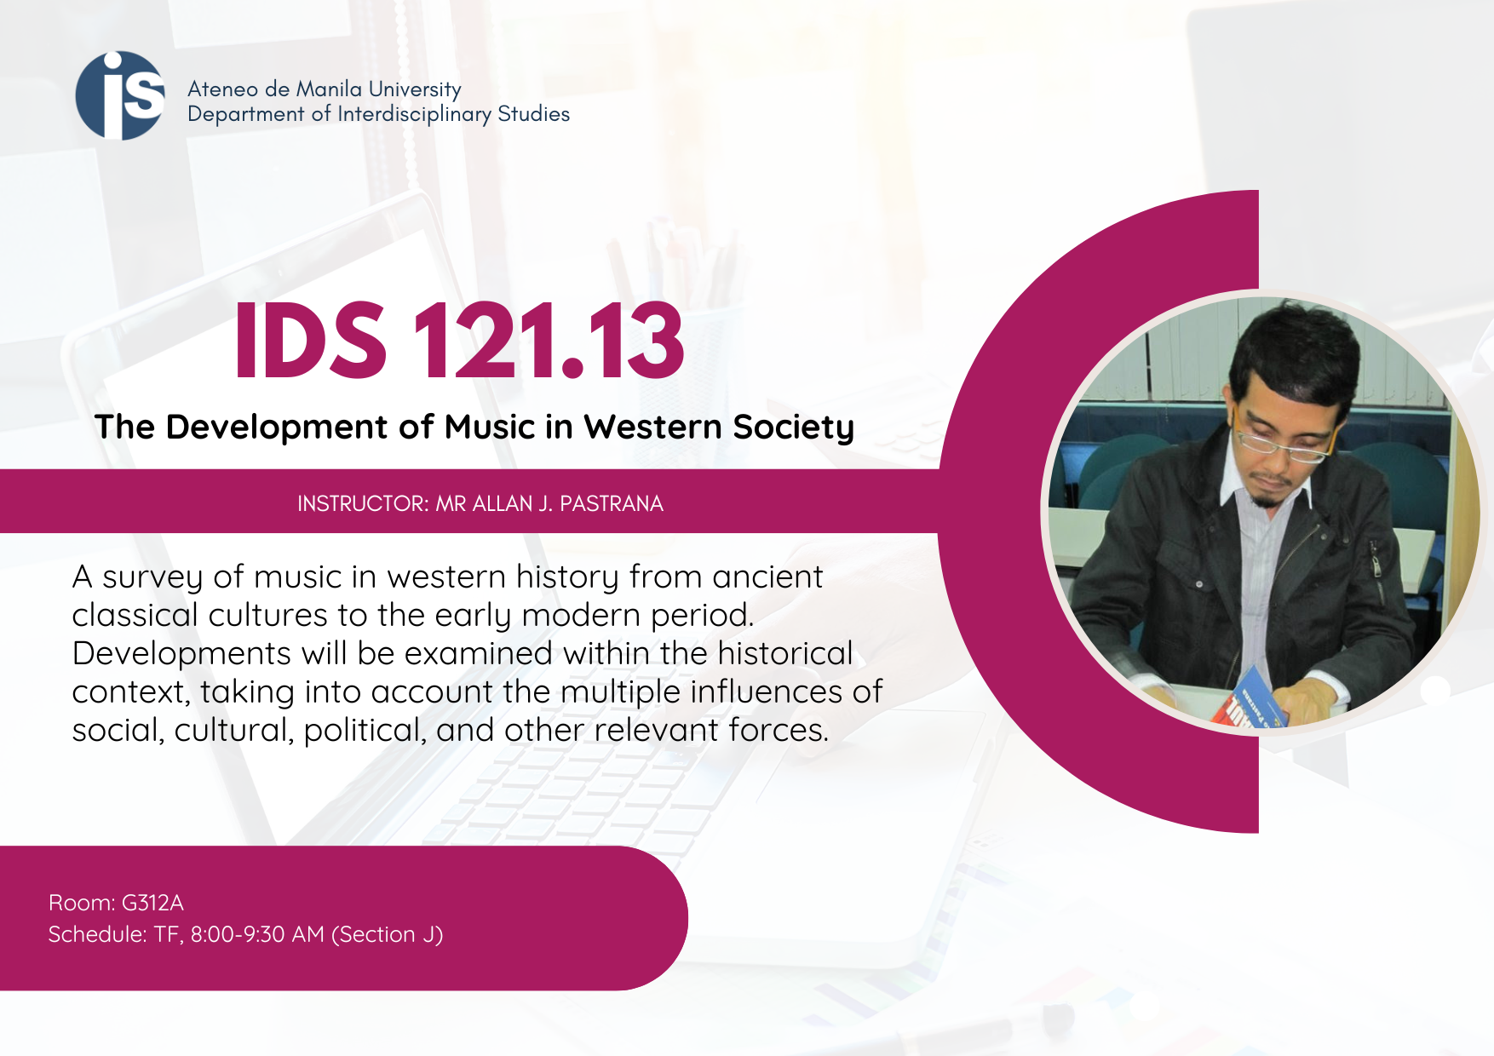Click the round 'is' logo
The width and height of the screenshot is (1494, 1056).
click(x=120, y=95)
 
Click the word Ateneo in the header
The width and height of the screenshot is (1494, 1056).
click(x=222, y=89)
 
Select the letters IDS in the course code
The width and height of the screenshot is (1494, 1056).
click(x=311, y=340)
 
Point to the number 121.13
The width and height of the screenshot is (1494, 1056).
click(x=549, y=340)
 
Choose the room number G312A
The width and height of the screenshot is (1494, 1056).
click(x=152, y=903)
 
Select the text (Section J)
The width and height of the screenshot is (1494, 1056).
click(x=387, y=935)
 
